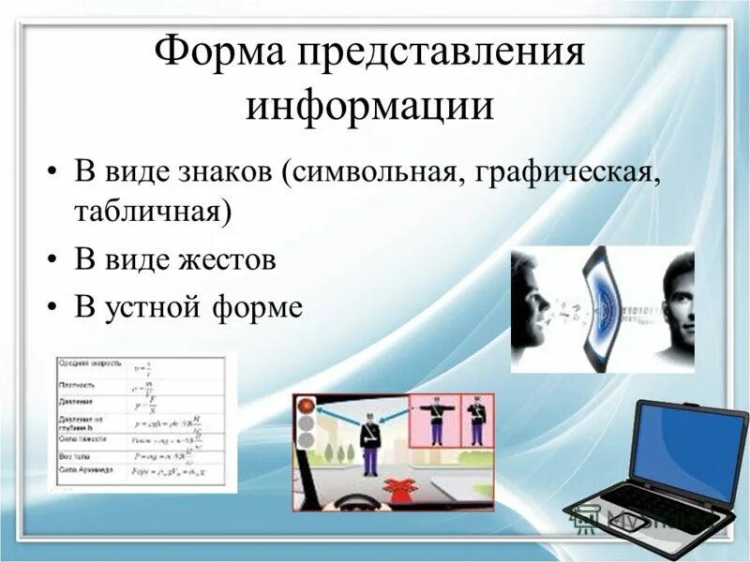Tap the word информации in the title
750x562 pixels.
[369, 104]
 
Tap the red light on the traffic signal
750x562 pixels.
[306, 407]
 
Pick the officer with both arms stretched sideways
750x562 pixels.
[435, 419]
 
